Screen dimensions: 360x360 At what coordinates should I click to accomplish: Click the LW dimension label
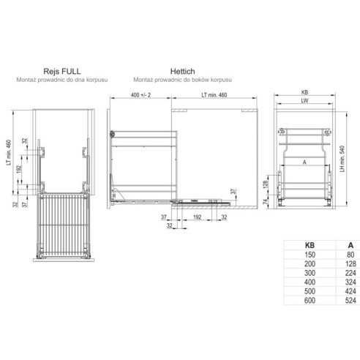(x=302, y=102)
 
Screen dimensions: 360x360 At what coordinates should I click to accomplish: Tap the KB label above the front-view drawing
(x=302, y=93)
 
